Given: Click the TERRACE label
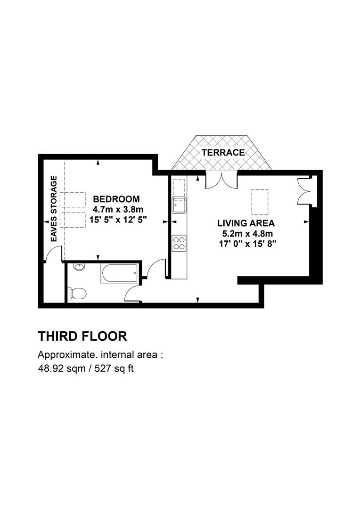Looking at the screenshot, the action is coord(223,152).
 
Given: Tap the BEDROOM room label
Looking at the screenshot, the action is coord(116,199).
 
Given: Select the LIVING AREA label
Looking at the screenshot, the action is coord(246,223).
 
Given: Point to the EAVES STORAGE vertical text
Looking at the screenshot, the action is coord(54,209).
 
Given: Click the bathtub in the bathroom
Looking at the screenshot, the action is coord(120,273).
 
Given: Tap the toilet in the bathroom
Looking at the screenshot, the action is coord(77,293).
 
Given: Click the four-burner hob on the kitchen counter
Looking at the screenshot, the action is coord(179,243).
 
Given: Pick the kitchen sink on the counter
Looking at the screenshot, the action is coord(179,205).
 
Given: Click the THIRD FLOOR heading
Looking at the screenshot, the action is coord(82,337).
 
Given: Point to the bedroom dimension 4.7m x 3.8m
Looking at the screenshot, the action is coord(118,209).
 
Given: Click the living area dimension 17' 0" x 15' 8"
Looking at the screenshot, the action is coord(247,244).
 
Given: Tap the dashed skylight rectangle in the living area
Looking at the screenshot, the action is coord(260,202).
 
